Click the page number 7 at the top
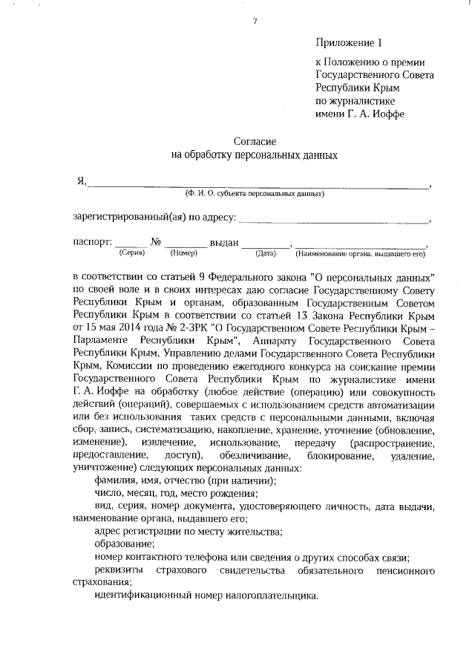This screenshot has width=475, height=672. click(x=254, y=21)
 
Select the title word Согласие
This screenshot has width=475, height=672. click(x=255, y=140)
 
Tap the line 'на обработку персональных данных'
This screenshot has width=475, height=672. click(x=255, y=155)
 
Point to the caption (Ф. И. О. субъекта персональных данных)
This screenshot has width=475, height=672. click(x=255, y=194)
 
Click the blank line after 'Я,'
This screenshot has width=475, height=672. click(x=260, y=185)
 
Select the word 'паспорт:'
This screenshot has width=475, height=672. click(x=93, y=242)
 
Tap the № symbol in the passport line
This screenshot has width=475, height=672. click(x=157, y=242)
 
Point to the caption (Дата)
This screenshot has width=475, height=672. click(x=266, y=253)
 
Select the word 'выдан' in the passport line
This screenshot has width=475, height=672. click(x=224, y=242)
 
